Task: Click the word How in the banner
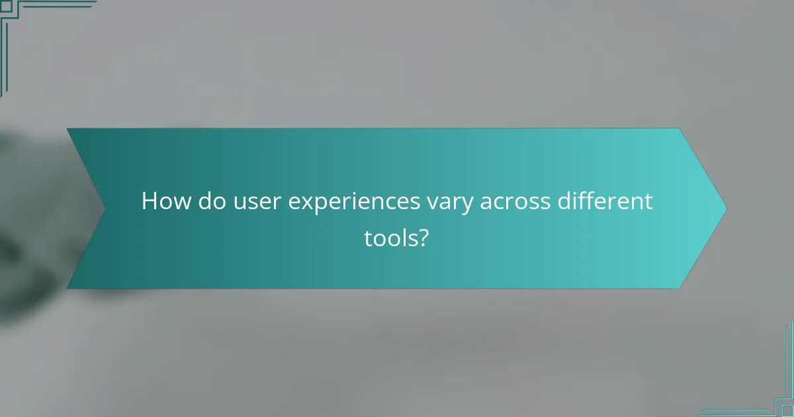pos(163,201)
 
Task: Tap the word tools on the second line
pos(388,238)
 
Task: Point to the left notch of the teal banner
pos(105,208)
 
